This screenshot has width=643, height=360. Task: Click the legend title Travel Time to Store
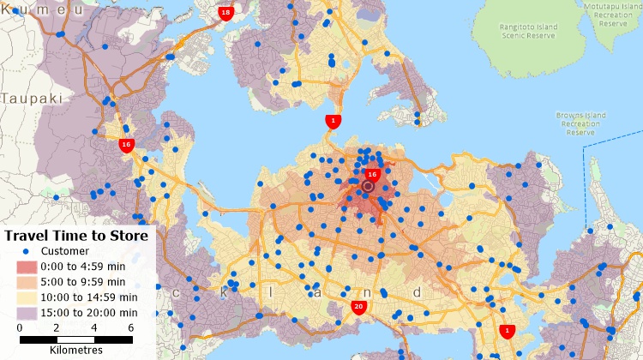[x=76, y=235]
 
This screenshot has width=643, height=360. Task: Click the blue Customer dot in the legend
[x=26, y=251]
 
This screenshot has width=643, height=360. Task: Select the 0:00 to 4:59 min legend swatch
[x=26, y=267]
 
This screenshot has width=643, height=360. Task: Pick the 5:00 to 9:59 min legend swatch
[x=26, y=282]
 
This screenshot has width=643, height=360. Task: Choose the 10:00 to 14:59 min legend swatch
[x=26, y=297]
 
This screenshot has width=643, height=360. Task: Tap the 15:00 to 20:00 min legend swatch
[x=26, y=311]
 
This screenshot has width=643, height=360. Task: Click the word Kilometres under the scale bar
[x=76, y=350]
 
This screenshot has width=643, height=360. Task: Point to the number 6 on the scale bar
[x=131, y=327]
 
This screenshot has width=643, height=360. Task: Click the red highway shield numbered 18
[x=225, y=13]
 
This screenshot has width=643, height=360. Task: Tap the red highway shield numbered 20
[x=359, y=307]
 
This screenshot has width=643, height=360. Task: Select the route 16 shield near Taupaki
[x=126, y=145]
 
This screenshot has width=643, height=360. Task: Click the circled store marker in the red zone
[x=369, y=186]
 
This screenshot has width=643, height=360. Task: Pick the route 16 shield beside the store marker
[x=371, y=174]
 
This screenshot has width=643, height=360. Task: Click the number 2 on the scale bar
[x=57, y=327]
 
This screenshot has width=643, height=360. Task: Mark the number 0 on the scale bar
[x=20, y=327]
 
